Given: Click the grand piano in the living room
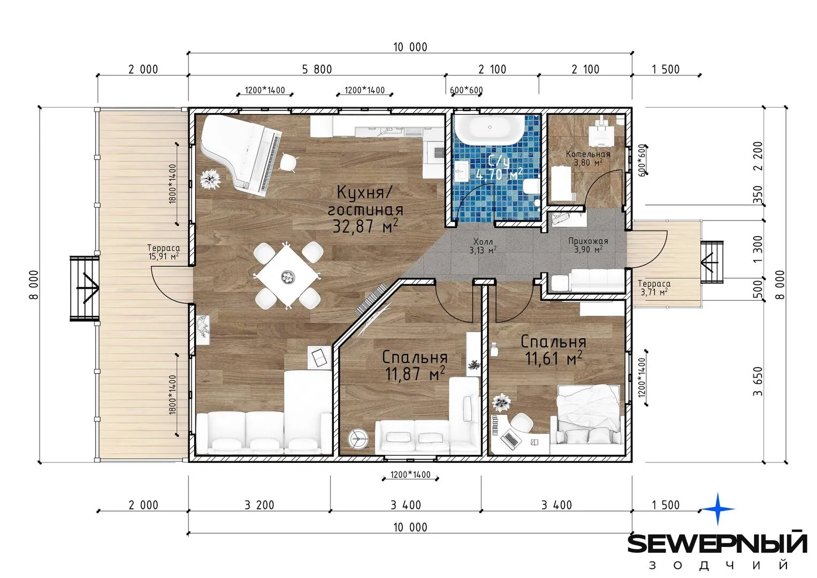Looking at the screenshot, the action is (x=241, y=155).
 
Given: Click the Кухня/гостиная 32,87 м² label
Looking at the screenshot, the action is (x=365, y=209).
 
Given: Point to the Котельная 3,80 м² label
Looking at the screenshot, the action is (x=588, y=158).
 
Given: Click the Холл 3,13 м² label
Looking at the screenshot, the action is (x=483, y=246).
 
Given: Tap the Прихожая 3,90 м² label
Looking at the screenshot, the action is (x=589, y=245).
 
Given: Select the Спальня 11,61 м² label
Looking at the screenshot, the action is (x=553, y=350).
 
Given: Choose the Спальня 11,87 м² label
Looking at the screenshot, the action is (x=415, y=366).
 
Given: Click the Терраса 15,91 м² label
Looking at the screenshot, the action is (x=163, y=252).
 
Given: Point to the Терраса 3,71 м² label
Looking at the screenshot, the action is (x=654, y=287).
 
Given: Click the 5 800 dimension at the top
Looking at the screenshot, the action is (x=317, y=70).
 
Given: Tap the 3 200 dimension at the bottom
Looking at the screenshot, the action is (x=259, y=505).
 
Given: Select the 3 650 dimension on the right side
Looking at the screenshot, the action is (x=758, y=381).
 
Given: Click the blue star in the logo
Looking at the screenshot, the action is (x=718, y=509).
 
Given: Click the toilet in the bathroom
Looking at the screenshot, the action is (x=531, y=187).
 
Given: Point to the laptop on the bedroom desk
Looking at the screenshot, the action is (x=510, y=439).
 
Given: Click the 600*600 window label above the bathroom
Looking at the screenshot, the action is (x=467, y=90).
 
